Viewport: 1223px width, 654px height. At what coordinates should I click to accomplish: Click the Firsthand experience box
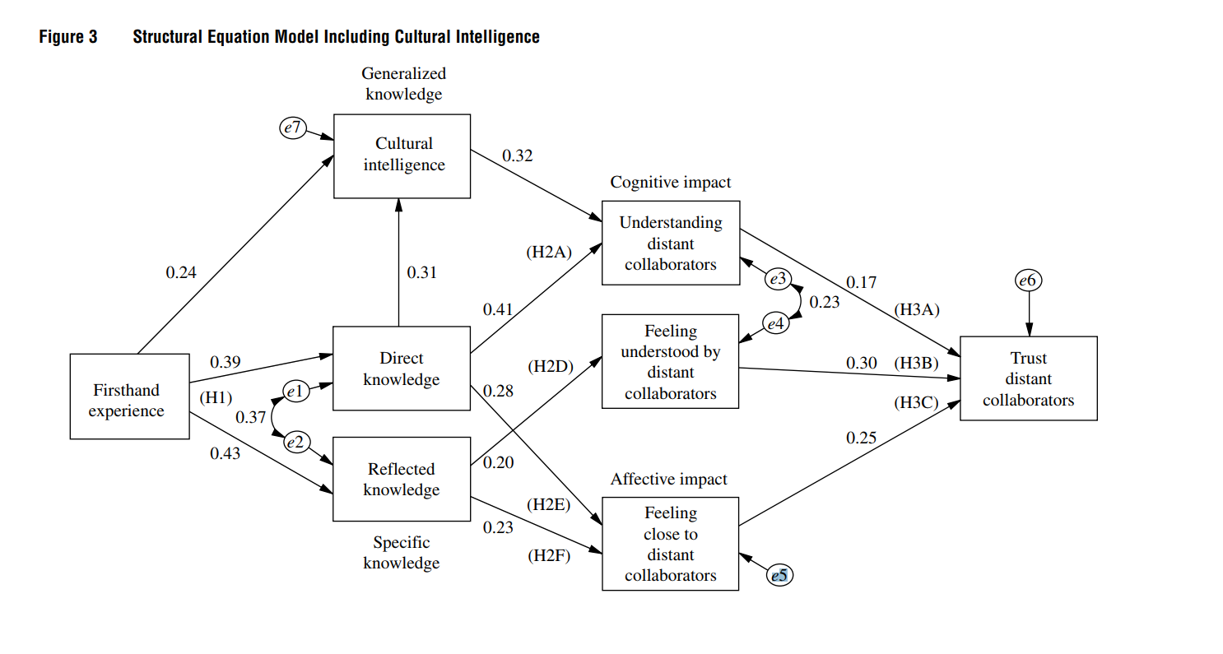click(129, 397)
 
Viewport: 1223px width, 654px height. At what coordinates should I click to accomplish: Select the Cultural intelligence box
click(402, 155)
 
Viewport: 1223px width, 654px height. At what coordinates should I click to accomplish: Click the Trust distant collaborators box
click(1028, 378)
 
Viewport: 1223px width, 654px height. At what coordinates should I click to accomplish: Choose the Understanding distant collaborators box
click(671, 243)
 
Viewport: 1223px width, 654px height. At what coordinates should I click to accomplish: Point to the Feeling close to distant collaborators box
click(671, 544)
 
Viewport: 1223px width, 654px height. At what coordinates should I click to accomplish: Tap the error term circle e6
click(1028, 281)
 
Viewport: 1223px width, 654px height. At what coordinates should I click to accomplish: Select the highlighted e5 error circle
click(779, 576)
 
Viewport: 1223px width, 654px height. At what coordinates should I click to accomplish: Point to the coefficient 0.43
click(225, 452)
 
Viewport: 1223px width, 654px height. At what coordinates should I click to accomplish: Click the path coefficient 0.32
click(517, 155)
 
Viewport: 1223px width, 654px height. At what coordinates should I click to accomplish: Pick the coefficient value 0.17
click(861, 282)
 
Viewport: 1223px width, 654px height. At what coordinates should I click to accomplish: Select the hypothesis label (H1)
click(216, 398)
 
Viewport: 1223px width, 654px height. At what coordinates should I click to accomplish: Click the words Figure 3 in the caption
click(68, 37)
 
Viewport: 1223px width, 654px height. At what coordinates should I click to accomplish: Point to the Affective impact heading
click(668, 479)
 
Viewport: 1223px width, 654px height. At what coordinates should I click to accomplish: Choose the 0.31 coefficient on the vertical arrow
click(421, 272)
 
